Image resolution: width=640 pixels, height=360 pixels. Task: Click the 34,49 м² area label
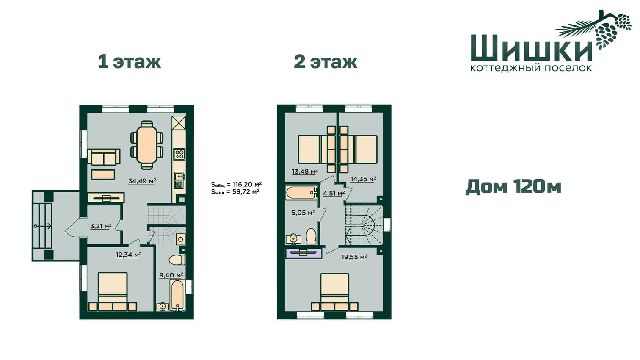pyautogui.click(x=142, y=181)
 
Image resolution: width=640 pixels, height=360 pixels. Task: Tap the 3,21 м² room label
pyautogui.click(x=101, y=226)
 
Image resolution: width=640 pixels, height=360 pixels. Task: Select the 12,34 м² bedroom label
pyautogui.click(x=129, y=255)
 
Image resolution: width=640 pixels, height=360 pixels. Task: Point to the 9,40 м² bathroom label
pyautogui.click(x=171, y=275)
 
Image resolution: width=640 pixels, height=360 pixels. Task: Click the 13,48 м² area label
pyautogui.click(x=305, y=172)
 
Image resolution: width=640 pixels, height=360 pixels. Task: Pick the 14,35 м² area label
pyautogui.click(x=364, y=179)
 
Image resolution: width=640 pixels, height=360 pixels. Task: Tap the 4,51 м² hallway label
pyautogui.click(x=334, y=193)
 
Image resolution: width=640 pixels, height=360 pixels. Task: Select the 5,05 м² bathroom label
pyautogui.click(x=303, y=213)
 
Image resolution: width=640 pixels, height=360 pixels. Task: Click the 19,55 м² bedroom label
pyautogui.click(x=354, y=257)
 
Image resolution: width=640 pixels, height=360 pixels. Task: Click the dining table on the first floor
pyautogui.click(x=147, y=145)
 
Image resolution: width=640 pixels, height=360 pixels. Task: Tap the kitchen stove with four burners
pyautogui.click(x=179, y=155)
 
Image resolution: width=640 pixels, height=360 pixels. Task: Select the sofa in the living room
pyautogui.click(x=104, y=157)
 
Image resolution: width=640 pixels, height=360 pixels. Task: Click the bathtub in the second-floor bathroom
pyautogui.click(x=301, y=193)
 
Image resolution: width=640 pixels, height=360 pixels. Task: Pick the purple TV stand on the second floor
pyautogui.click(x=304, y=253)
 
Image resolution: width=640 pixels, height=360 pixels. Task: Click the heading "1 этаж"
pyautogui.click(x=130, y=62)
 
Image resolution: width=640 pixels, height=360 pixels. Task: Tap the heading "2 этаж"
pyautogui.click(x=326, y=62)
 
